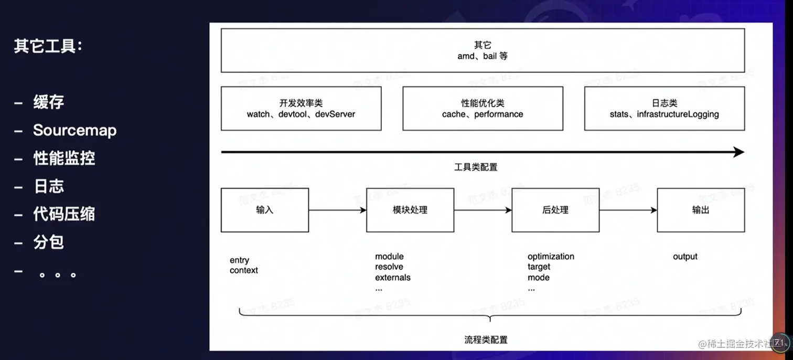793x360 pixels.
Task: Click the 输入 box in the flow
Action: [264, 210]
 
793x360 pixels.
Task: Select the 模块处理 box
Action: [410, 210]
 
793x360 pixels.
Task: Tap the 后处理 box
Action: [555, 210]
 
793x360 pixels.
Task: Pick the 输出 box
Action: [701, 210]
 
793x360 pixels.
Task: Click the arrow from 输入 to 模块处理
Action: [337, 210]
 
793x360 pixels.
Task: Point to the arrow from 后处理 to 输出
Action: [628, 210]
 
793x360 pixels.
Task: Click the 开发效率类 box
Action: [301, 108]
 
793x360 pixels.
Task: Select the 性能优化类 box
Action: [483, 108]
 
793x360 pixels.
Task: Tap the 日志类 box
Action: [664, 108]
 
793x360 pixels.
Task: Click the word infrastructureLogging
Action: [678, 114]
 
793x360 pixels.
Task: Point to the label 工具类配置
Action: [476, 167]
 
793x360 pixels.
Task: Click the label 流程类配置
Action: [486, 340]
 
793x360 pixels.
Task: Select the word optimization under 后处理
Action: [551, 257]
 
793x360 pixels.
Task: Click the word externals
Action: [393, 278]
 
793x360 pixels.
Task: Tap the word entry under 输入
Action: [239, 260]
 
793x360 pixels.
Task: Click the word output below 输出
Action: [685, 257]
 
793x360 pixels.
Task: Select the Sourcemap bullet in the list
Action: [74, 130]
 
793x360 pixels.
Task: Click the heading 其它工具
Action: [48, 46]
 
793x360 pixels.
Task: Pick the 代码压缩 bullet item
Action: [64, 214]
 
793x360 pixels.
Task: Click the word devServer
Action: [335, 114]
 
